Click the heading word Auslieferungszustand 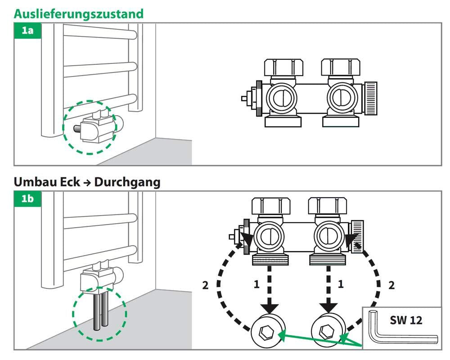click(x=79, y=13)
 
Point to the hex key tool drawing click(x=400, y=333)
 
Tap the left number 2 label click(x=205, y=285)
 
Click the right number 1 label click(x=341, y=284)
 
